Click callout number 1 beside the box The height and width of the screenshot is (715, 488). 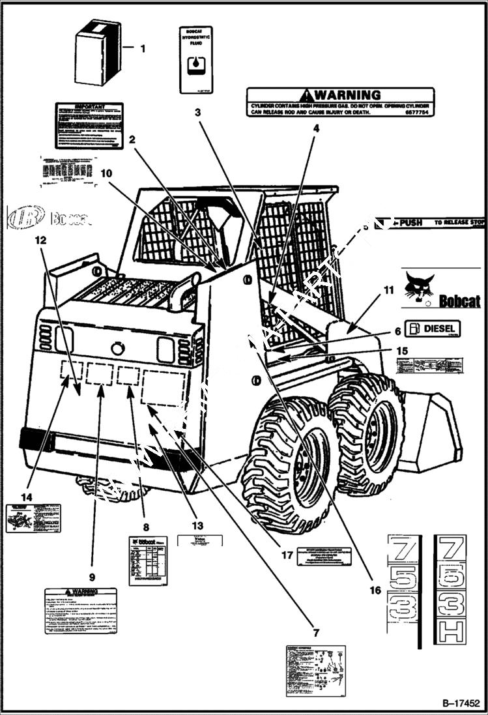point(143,48)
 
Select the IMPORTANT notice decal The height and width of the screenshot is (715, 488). point(89,125)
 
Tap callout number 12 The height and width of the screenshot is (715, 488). point(40,240)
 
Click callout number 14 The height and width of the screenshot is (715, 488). point(26,497)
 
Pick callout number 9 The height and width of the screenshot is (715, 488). point(92,577)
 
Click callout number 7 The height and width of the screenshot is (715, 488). point(315,633)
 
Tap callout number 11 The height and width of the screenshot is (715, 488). point(388,289)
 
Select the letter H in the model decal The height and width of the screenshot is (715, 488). point(450,633)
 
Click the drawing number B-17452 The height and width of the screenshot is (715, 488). point(461,703)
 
